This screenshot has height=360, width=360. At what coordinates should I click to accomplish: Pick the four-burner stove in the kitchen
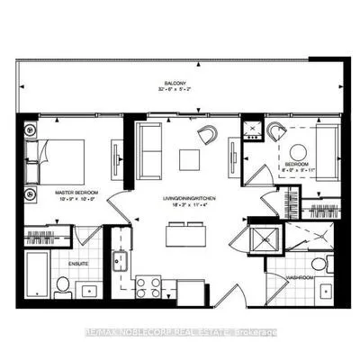pyautogui.click(x=147, y=288)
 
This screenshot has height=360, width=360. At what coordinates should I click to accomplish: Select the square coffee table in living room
pyautogui.click(x=188, y=159)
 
